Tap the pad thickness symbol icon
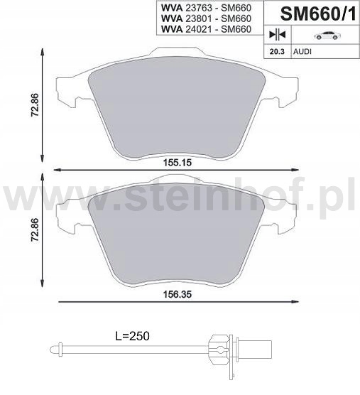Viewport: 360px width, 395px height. tap(276, 35)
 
